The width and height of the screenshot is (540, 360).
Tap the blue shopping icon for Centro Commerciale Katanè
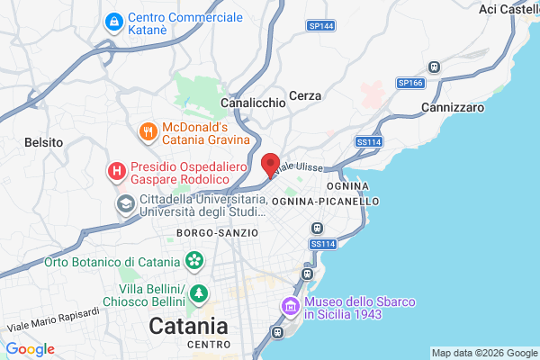pyautogui.click(x=114, y=21)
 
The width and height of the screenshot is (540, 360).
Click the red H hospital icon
pyautogui.click(x=116, y=170)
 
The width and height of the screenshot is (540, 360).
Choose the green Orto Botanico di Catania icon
pyautogui.click(x=193, y=262)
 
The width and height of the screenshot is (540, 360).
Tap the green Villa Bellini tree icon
pyautogui.click(x=198, y=293)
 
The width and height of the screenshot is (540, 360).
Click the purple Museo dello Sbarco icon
pyautogui.click(x=291, y=307)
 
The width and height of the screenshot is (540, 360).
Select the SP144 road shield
pyautogui.click(x=320, y=26)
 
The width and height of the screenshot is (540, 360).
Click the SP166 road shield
pyautogui.click(x=410, y=83)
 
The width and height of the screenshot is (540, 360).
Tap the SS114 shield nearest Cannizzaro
pyautogui.click(x=368, y=141)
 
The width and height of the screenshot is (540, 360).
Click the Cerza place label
pyautogui.click(x=306, y=95)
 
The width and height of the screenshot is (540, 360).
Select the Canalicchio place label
pyautogui.click(x=253, y=103)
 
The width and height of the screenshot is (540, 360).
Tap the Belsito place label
pyautogui.click(x=43, y=142)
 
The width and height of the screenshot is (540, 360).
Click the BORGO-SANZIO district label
pyautogui.click(x=217, y=232)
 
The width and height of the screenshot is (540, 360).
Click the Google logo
pyautogui.click(x=30, y=349)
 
